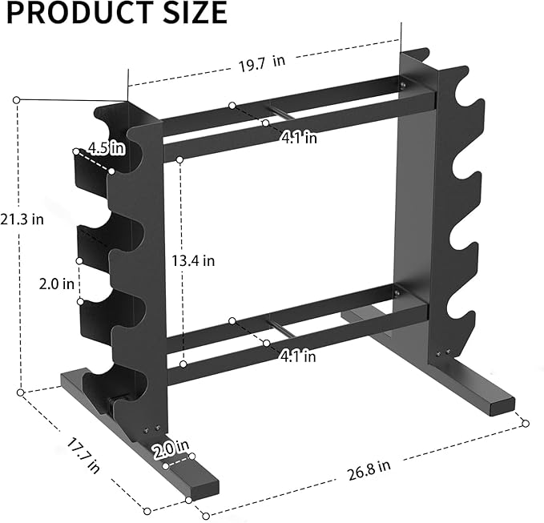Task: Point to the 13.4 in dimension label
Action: (x=194, y=260)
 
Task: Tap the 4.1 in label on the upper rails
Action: (x=298, y=138)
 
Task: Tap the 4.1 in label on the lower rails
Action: (x=298, y=356)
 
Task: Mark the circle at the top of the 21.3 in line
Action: (x=17, y=99)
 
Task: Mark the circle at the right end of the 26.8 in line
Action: (x=526, y=422)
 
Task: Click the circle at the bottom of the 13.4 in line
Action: (x=183, y=364)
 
